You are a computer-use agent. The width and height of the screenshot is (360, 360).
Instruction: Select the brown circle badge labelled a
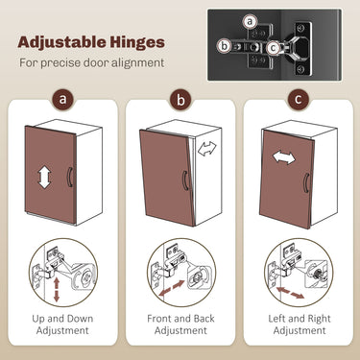click(x=63, y=99)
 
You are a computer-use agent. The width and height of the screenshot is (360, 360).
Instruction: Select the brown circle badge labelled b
click(x=180, y=100)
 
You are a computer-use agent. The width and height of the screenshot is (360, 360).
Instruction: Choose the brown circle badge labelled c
click(x=299, y=99)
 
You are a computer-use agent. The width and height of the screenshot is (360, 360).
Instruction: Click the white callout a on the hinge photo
click(x=250, y=22)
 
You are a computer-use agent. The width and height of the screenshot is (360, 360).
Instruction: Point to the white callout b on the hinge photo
click(x=225, y=46)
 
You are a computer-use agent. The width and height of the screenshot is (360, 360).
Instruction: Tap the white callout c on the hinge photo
click(x=273, y=48)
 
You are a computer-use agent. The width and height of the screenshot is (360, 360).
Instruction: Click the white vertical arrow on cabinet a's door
click(x=44, y=177)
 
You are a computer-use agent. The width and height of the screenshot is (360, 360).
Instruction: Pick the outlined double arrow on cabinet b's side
click(x=206, y=148)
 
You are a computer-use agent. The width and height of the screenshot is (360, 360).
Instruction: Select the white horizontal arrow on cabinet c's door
click(x=283, y=157)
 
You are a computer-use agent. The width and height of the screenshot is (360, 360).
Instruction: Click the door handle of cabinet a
click(x=70, y=177)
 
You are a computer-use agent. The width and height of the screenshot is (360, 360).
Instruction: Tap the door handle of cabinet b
click(x=184, y=180)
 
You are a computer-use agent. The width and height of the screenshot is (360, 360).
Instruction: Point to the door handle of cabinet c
click(x=306, y=182)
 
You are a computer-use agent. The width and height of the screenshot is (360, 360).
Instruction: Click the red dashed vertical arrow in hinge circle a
click(x=57, y=290)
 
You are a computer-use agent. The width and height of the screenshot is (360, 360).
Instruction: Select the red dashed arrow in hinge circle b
click(x=172, y=288)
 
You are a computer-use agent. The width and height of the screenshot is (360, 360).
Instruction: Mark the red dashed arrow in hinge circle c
click(x=290, y=293)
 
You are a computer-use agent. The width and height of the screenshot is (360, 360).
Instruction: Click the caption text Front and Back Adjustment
click(x=180, y=324)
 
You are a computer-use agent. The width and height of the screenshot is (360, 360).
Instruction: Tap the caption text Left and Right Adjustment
click(x=300, y=324)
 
